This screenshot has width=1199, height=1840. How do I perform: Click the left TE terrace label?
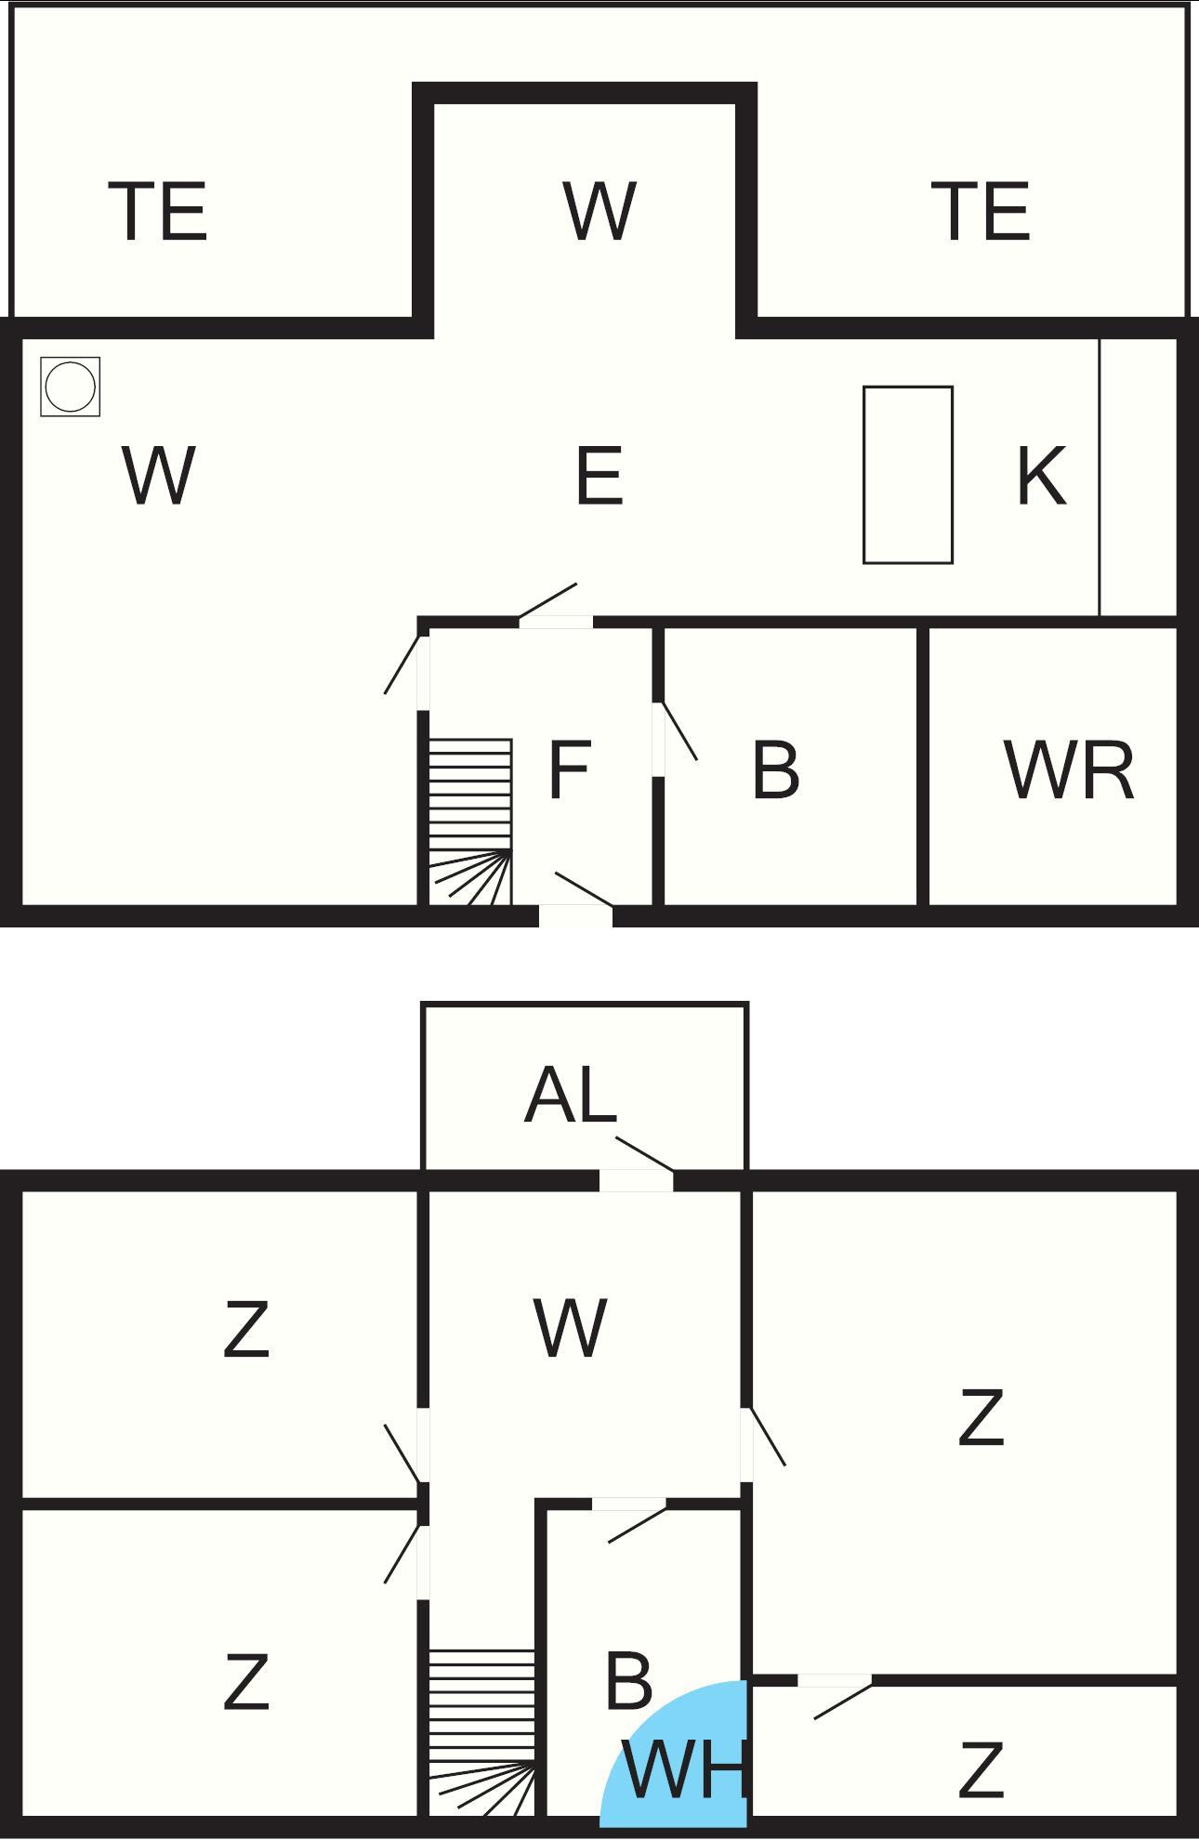coord(158,212)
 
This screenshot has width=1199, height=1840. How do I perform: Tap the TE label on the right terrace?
coord(981,212)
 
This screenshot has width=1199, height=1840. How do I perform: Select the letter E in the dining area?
coord(599,476)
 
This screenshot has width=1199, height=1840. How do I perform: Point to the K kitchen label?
coord(1040,476)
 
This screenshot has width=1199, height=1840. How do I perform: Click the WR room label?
coord(1069,770)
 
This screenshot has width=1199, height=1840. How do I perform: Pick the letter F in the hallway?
coord(569,770)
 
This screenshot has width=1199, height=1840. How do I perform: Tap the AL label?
coord(571,1096)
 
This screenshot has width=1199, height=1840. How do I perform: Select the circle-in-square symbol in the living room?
coord(71,387)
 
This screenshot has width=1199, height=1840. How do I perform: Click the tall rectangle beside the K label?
coord(907,475)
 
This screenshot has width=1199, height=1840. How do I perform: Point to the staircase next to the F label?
coord(469,821)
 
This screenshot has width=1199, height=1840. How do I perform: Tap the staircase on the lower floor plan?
coord(481,1732)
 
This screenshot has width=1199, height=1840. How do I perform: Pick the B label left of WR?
coord(775,770)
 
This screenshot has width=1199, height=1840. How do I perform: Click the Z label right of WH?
coord(981,1770)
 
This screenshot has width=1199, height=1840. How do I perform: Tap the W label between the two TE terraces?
coord(599,212)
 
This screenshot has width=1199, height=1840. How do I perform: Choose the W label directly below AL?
coord(571,1328)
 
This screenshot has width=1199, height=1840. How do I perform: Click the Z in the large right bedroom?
coord(981,1417)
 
